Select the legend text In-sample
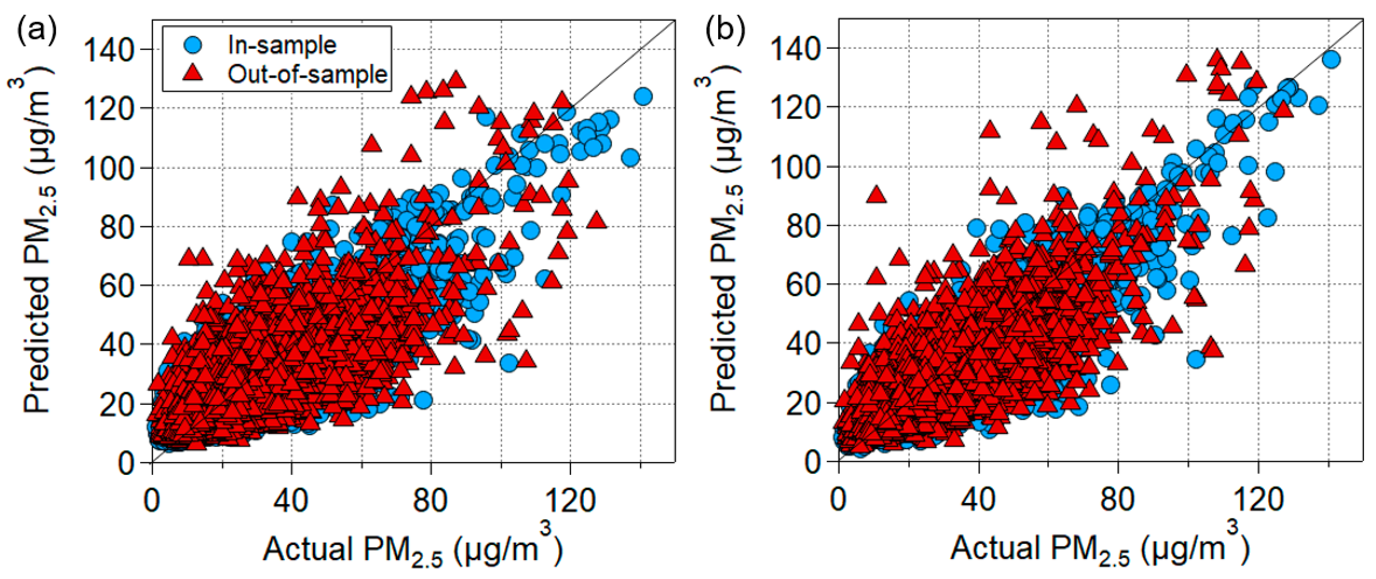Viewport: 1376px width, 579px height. [282, 45]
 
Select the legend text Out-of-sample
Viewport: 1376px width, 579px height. [307, 74]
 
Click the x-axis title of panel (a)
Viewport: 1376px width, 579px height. [412, 549]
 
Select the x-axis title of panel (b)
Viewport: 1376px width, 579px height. [1099, 549]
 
